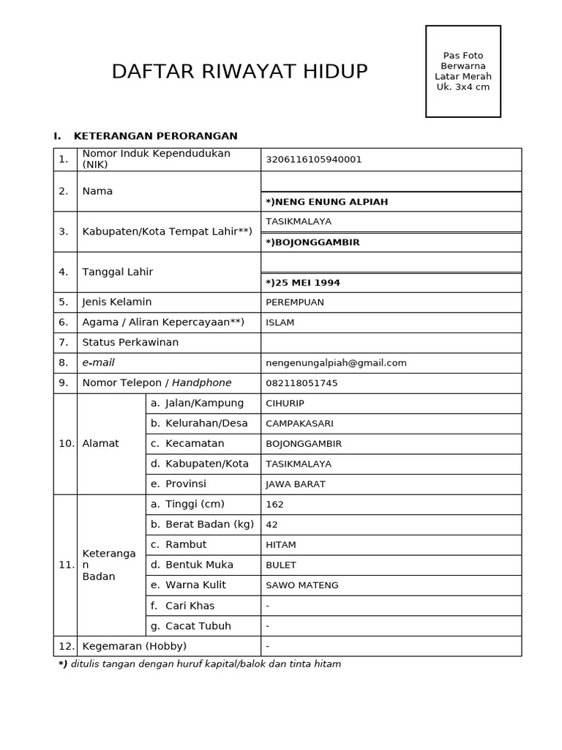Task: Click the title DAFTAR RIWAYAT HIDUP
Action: click(x=239, y=72)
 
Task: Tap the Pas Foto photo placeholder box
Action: click(x=463, y=71)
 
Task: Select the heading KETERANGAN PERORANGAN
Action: click(x=155, y=135)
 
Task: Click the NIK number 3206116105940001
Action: click(x=313, y=160)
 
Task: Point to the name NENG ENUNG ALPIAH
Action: click(x=327, y=201)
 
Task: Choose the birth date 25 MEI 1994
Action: click(x=303, y=283)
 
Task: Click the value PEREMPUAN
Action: click(x=295, y=302)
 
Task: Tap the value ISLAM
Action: click(x=280, y=322)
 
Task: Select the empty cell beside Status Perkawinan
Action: click(x=391, y=343)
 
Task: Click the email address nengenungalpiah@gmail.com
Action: click(x=336, y=363)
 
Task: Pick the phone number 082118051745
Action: click(x=301, y=383)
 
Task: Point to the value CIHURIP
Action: click(x=285, y=403)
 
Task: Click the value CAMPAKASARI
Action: click(x=299, y=423)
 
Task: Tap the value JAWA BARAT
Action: click(x=296, y=484)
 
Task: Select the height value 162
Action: click(x=275, y=504)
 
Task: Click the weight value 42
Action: click(x=272, y=524)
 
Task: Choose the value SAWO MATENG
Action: click(x=301, y=585)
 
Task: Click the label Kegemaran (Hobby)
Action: click(x=135, y=646)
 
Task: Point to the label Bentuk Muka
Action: click(x=199, y=565)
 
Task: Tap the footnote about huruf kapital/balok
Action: click(x=200, y=664)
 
